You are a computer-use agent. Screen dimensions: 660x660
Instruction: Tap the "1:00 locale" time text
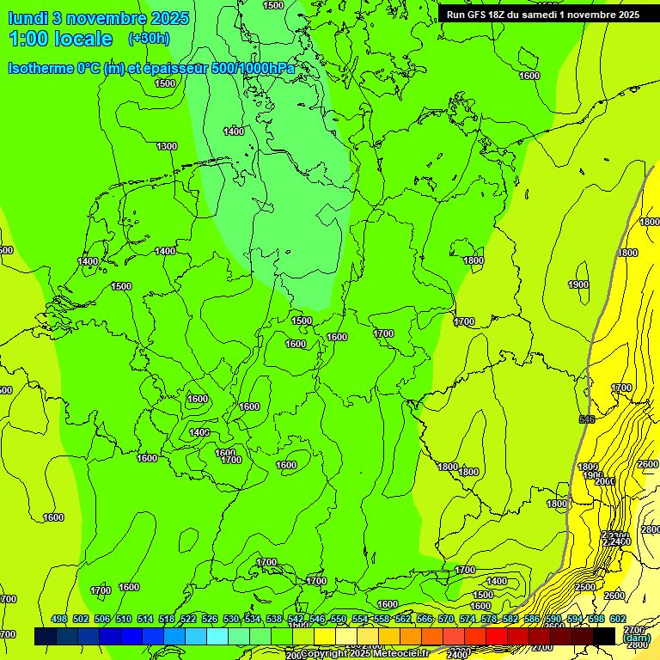(61, 39)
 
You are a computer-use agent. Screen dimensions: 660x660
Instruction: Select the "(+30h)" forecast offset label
(149, 39)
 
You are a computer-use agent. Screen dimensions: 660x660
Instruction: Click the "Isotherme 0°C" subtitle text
(54, 68)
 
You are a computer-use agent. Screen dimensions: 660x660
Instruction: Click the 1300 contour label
(167, 146)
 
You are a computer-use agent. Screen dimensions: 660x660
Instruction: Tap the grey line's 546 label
(587, 419)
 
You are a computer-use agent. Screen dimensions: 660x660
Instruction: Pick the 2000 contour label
(605, 481)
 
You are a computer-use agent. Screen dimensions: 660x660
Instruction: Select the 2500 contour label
(585, 587)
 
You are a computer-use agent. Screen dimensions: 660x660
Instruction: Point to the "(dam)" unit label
(637, 638)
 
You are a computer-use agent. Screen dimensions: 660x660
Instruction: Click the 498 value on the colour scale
(59, 620)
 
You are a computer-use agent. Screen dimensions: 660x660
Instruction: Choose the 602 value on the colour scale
(618, 620)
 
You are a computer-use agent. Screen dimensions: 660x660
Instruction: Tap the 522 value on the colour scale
(188, 620)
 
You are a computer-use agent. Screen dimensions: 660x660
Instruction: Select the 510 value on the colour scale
(124, 620)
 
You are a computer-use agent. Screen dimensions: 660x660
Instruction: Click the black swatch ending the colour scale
(604, 636)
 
